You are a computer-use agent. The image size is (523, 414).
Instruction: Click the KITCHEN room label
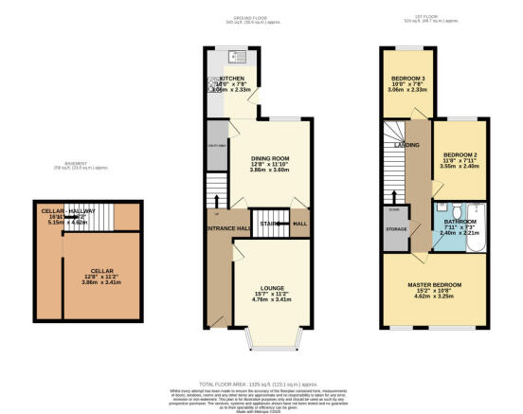coord(232,80)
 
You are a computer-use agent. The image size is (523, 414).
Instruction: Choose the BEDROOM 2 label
coord(458,153)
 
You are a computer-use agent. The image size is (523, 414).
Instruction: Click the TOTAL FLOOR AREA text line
coord(260,375)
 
